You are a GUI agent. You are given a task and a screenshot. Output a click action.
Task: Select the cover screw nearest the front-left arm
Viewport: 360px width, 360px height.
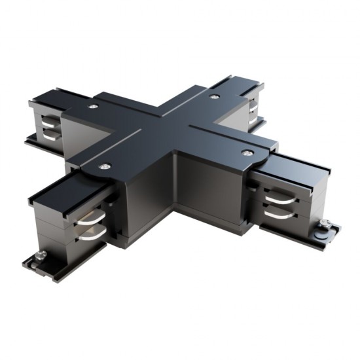pyautogui.click(x=104, y=167)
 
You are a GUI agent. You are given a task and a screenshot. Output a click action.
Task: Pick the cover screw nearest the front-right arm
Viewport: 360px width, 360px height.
pyautogui.click(x=247, y=153)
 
